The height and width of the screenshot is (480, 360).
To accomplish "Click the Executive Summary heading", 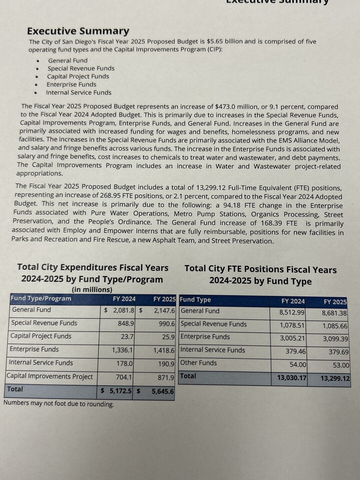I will click(x=78, y=31).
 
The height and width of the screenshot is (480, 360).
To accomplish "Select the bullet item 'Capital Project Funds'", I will click(x=78, y=76).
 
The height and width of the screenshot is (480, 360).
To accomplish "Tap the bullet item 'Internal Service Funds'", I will click(x=79, y=93).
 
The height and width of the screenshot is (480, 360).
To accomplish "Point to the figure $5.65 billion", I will click(x=226, y=42).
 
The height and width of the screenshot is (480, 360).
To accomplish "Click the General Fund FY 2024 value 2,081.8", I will click(x=124, y=310).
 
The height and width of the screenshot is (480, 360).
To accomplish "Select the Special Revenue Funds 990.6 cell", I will click(x=167, y=324).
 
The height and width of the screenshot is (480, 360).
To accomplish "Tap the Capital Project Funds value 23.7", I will click(x=127, y=337).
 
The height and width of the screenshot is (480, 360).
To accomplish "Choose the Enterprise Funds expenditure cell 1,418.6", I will click(x=164, y=350).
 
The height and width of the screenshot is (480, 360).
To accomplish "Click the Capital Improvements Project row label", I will click(x=50, y=376).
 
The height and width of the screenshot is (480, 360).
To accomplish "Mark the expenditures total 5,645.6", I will click(x=163, y=391).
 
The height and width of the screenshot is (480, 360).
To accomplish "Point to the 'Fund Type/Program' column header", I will click(x=41, y=298).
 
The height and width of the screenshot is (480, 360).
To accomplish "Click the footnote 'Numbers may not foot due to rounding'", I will click(x=59, y=404).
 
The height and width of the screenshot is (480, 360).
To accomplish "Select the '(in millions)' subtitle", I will click(x=92, y=290).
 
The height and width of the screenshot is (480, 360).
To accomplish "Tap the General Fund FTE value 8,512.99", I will click(x=292, y=313).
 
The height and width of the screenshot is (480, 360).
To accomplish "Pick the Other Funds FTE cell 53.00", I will click(x=341, y=365).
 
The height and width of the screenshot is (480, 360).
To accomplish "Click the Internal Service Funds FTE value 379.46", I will click(x=296, y=351).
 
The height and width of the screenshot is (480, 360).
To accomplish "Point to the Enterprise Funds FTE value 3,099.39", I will click(x=335, y=339).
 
